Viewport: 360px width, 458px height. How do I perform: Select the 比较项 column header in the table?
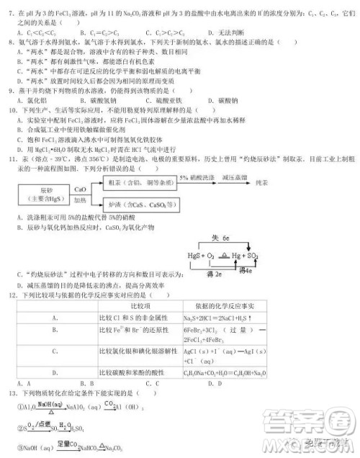[138, 307]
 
